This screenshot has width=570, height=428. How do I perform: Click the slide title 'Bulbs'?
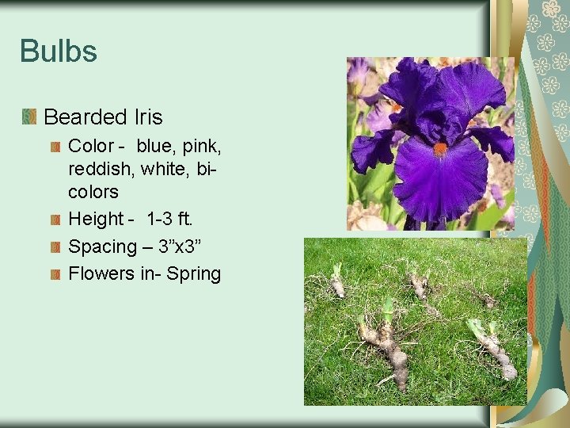pos(59,52)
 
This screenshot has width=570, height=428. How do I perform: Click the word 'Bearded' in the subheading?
pos(81,117)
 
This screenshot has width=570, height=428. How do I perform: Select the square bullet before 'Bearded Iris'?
pos(29,117)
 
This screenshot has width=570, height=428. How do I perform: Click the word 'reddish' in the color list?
pos(100,169)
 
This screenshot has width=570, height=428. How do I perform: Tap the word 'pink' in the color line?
pos(203,147)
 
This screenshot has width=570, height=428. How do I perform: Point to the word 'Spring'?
pos(193,274)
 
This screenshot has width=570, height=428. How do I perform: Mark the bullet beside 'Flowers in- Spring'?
pos(54,274)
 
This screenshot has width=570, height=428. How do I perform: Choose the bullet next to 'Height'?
pos(54,219)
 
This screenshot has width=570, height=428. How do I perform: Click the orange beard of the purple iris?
pos(440,148)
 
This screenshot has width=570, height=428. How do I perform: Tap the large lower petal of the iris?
pos(440,181)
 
